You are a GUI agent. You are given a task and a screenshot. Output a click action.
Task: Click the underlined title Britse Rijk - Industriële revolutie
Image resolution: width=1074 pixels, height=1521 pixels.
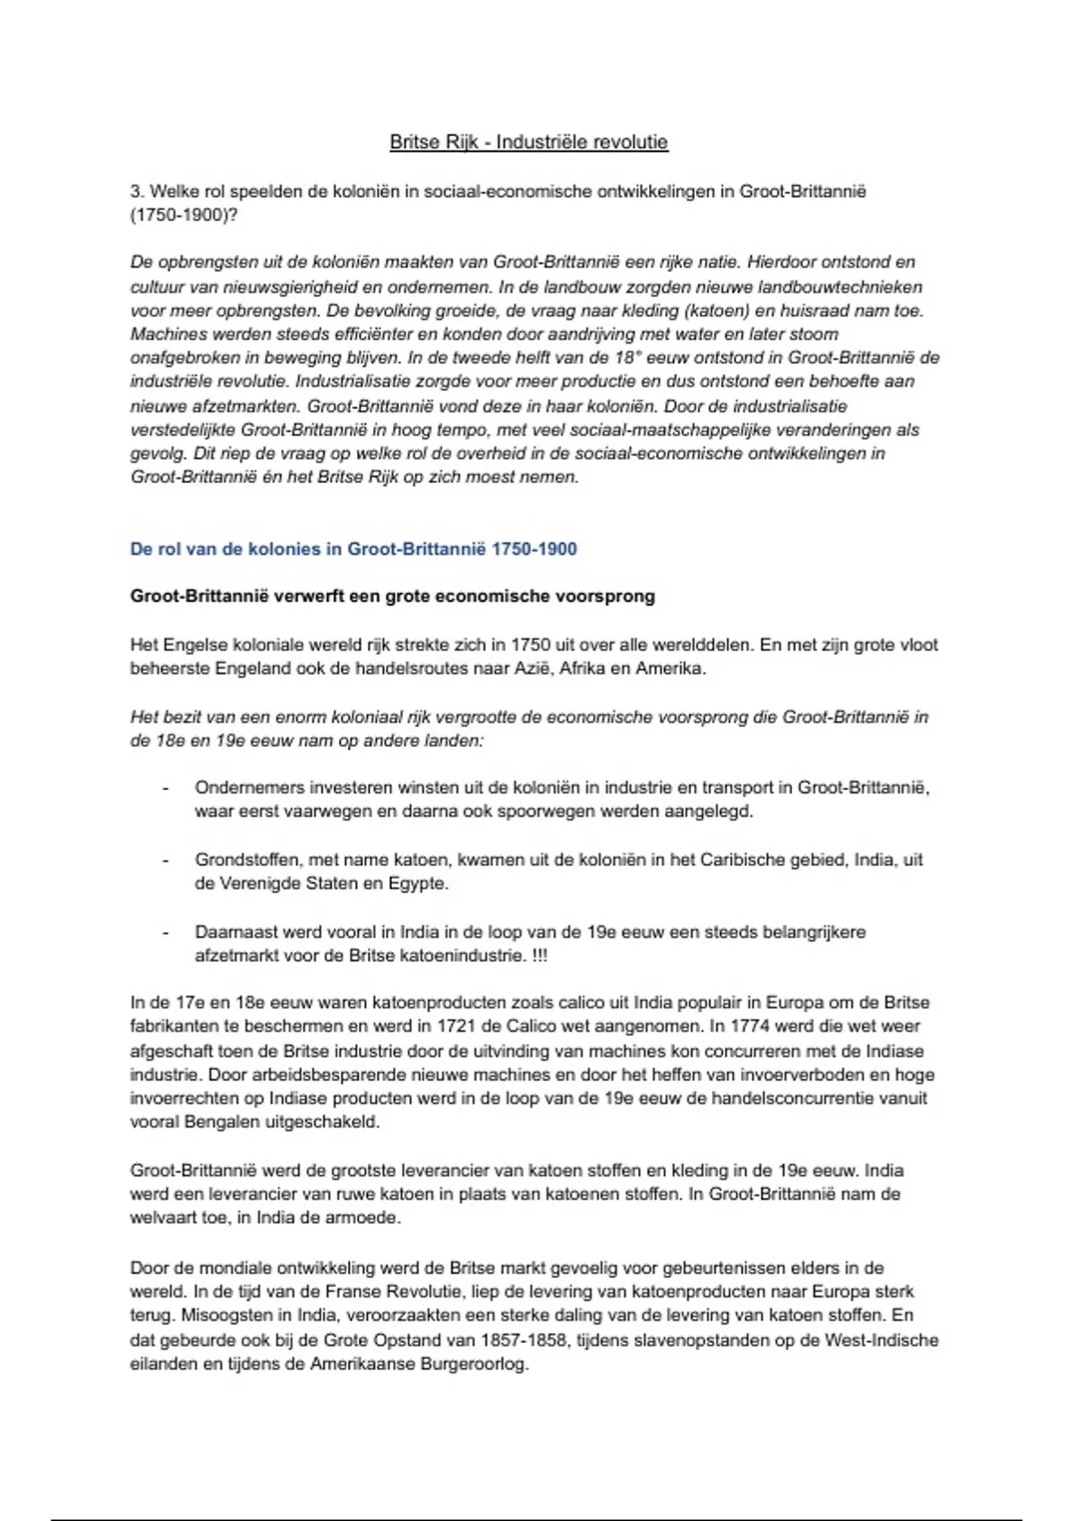(x=528, y=142)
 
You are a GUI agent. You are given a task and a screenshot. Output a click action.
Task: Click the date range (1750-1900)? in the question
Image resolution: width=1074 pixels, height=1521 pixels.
(x=184, y=216)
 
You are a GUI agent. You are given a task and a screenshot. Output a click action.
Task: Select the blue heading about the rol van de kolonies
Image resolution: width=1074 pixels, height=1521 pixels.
(x=354, y=549)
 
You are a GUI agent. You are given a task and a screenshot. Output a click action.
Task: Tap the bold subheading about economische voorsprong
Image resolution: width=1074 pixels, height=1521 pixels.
(x=392, y=597)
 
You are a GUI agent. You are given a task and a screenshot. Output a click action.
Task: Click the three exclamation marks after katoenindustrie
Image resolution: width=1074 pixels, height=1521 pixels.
(x=539, y=956)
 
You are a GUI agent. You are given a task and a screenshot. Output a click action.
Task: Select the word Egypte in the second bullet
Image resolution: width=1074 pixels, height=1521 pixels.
(x=418, y=884)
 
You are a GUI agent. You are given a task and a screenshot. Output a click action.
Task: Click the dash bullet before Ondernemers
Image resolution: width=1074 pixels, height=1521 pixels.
(x=166, y=788)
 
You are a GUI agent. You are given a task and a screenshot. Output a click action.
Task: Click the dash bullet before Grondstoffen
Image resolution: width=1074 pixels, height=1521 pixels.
(x=166, y=860)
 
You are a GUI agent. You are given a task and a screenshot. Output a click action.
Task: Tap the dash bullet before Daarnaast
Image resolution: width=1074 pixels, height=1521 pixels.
(x=166, y=932)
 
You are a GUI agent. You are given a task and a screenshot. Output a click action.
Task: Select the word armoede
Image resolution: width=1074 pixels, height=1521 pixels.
(x=366, y=1218)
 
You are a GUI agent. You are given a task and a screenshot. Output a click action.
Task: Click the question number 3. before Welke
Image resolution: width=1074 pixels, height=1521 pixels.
(x=137, y=191)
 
